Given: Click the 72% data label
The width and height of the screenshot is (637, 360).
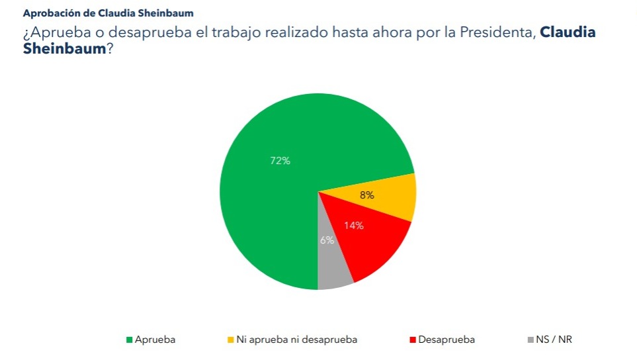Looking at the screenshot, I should coord(280,160).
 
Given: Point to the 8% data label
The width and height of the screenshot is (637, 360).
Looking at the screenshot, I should coord(366,195).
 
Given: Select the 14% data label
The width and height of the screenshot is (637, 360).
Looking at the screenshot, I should coord(353,226).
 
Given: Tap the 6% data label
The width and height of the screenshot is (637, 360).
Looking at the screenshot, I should coord(327,240).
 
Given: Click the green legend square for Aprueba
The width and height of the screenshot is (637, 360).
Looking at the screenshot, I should coord(130,340).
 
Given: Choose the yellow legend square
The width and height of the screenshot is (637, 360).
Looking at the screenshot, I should coord(231,340).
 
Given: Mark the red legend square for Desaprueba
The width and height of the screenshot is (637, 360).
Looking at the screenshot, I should coord(413,340).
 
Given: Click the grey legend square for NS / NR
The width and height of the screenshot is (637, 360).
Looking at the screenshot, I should coord(531,340).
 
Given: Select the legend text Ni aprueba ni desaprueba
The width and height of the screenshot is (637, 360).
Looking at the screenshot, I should coord(296,339).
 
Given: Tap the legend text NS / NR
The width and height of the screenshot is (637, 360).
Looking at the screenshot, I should coord(554,339).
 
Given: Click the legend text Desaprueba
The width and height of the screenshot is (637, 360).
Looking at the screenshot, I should coord(446,339).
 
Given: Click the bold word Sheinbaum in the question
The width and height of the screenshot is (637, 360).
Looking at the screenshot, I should coord(64,49).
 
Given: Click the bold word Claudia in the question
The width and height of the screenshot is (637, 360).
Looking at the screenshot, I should coord(568,32).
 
